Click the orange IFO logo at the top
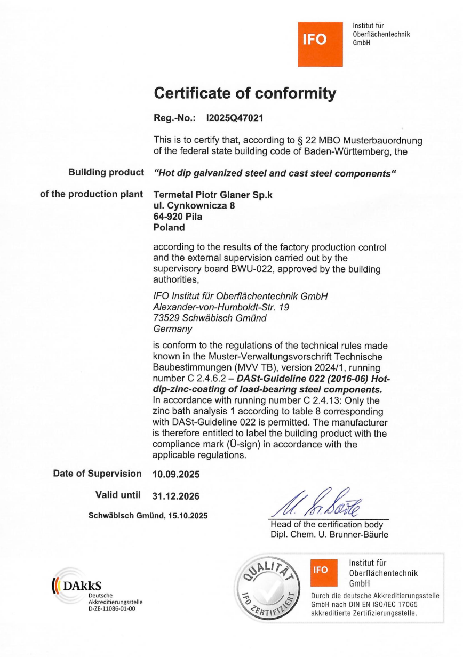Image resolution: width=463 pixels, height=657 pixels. point(320,44)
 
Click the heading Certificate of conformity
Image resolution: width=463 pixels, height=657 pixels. point(245,94)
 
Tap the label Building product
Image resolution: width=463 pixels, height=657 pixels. point(106,172)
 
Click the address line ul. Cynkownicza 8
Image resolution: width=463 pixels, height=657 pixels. point(194,205)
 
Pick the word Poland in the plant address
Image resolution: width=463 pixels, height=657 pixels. point(169,227)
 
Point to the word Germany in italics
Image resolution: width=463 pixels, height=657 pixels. point(172,329)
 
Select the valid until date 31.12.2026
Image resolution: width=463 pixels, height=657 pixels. point(176,496)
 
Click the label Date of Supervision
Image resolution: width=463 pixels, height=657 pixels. point(97,473)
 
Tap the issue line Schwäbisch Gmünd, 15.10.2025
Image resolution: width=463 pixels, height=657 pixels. point(148,515)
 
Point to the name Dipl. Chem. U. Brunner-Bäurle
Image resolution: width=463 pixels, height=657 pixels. point(329,534)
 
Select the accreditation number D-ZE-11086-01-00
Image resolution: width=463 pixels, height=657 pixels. point(112,608)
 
